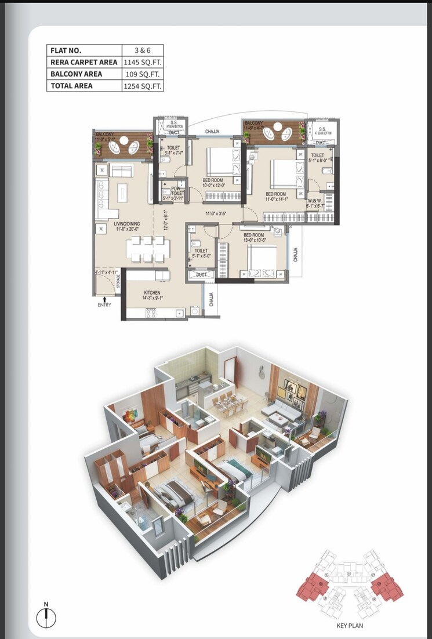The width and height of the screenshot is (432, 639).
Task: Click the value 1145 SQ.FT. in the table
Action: [143, 62]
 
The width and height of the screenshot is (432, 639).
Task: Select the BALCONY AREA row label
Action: [76, 74]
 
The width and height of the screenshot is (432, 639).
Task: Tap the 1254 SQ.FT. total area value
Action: [143, 86]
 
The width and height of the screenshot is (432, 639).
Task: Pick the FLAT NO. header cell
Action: [66, 50]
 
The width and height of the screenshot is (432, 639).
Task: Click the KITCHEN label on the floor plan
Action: [153, 293]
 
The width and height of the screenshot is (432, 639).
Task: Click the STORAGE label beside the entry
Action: [118, 283]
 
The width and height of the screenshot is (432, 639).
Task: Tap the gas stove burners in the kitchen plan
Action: [153, 313]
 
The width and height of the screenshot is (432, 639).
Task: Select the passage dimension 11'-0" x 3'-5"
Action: [215, 213]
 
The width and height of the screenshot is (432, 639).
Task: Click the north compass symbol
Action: [46, 616]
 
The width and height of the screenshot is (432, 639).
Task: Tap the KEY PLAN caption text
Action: [349, 626]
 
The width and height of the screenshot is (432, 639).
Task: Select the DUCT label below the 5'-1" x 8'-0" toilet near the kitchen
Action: [202, 274]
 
